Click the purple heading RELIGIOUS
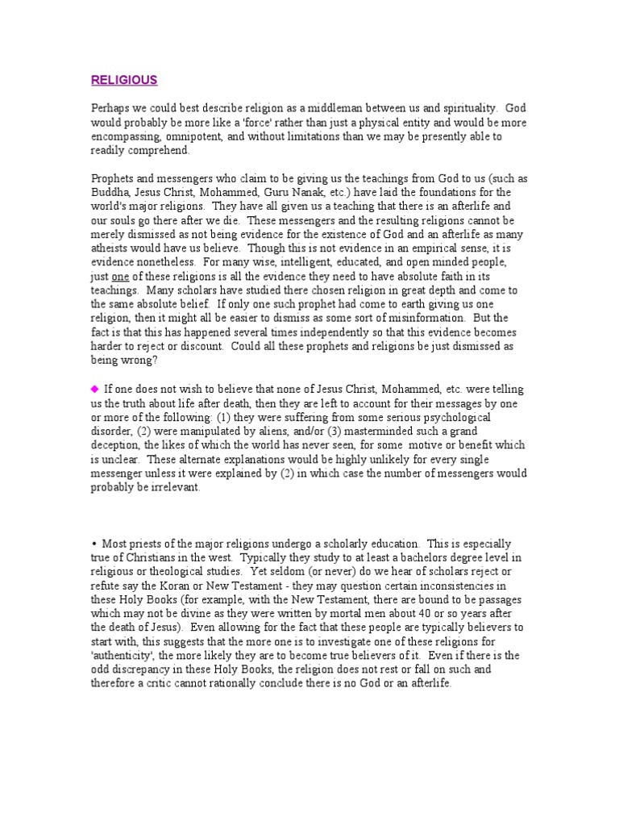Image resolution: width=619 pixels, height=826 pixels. pos(123,80)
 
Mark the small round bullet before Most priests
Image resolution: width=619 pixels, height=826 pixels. pos(93,544)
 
